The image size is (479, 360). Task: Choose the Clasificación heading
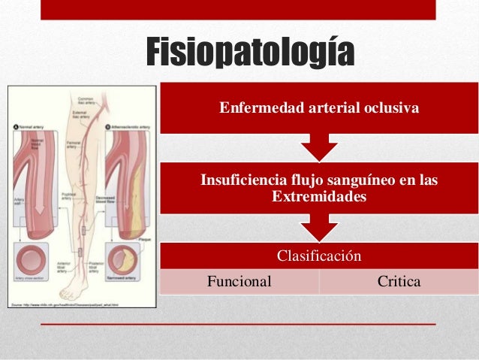pos(319,256)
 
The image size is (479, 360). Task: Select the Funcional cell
pos(239,281)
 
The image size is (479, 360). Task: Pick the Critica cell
pos(399,281)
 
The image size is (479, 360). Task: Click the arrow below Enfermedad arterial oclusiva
pos(319,148)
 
